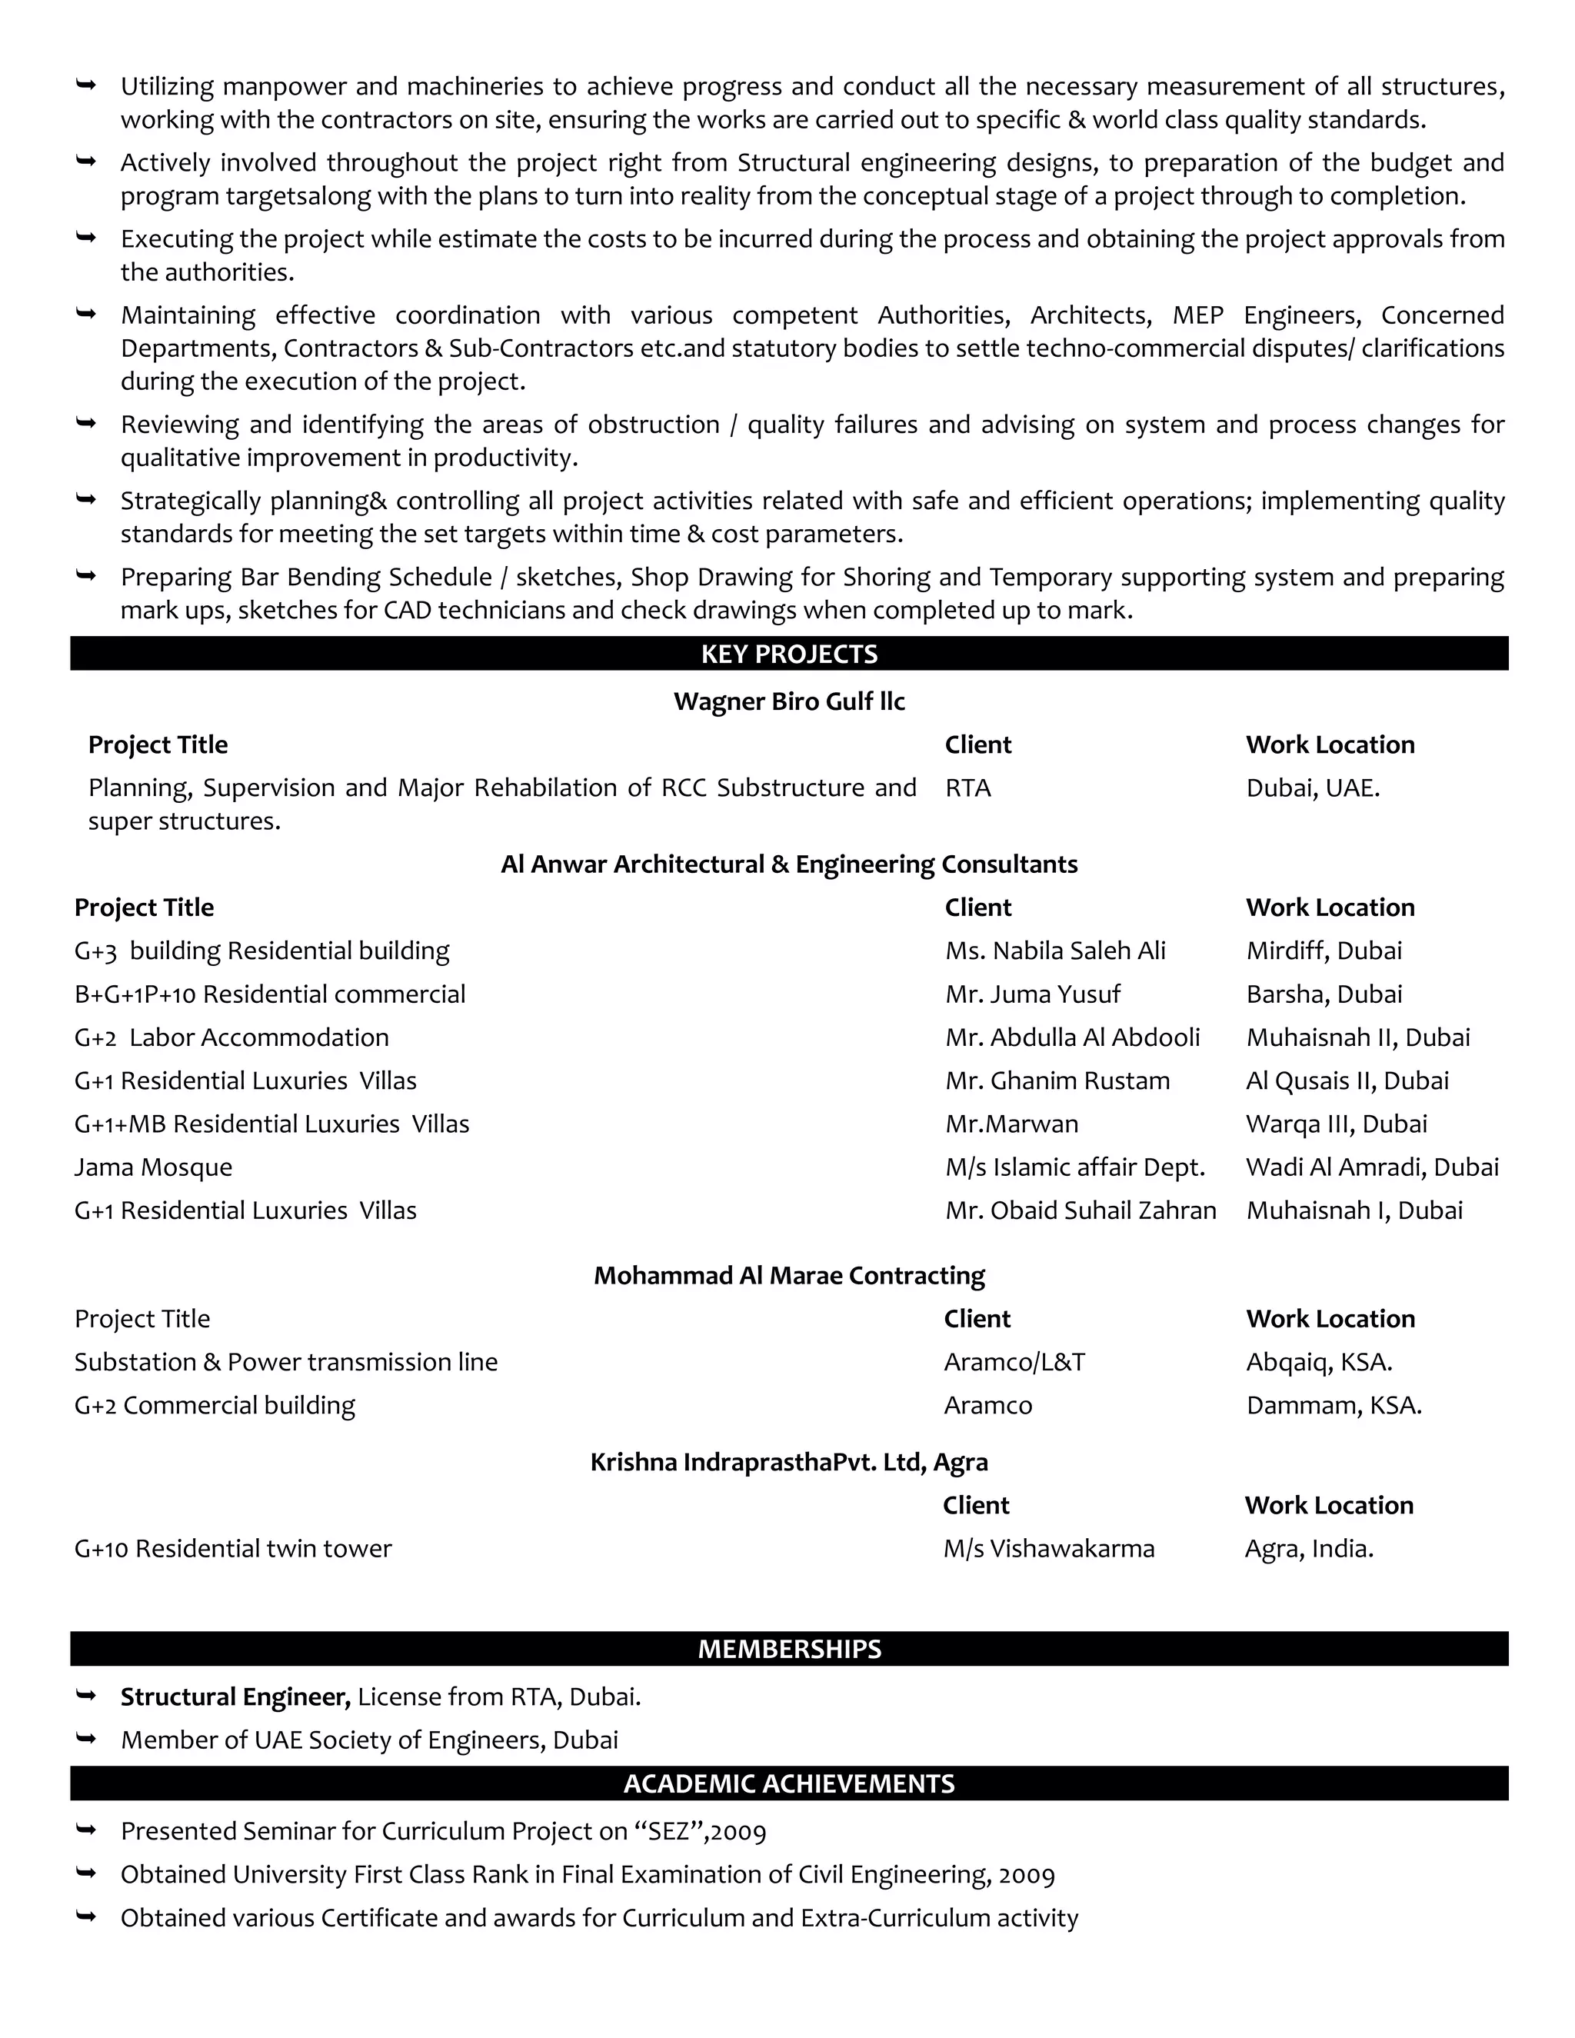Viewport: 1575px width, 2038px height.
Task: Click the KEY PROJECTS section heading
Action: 788,654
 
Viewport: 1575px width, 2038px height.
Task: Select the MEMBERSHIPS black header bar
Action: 788,1649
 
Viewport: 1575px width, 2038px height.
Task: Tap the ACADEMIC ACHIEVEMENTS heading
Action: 788,1783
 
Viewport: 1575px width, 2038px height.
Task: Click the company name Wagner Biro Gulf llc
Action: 788,701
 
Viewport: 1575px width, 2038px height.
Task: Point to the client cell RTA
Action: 967,788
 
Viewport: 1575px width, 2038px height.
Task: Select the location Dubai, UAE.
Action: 1312,788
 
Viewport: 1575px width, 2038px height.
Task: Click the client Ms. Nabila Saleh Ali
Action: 1054,951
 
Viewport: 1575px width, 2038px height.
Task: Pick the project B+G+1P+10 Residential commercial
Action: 270,994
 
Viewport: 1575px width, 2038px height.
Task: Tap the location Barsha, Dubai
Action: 1323,994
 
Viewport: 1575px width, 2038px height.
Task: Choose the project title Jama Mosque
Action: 153,1167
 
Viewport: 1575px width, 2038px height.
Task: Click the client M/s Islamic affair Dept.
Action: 1074,1167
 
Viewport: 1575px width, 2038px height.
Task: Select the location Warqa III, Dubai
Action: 1335,1124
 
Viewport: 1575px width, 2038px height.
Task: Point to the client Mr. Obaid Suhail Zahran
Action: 1080,1211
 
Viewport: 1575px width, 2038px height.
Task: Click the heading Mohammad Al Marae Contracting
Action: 788,1276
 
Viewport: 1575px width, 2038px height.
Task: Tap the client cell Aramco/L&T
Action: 1014,1363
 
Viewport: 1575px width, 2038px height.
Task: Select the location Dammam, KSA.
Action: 1334,1405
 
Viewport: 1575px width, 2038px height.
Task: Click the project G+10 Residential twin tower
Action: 232,1549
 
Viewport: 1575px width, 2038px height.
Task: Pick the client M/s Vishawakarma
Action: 1048,1549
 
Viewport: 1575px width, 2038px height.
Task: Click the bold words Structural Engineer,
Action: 235,1697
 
